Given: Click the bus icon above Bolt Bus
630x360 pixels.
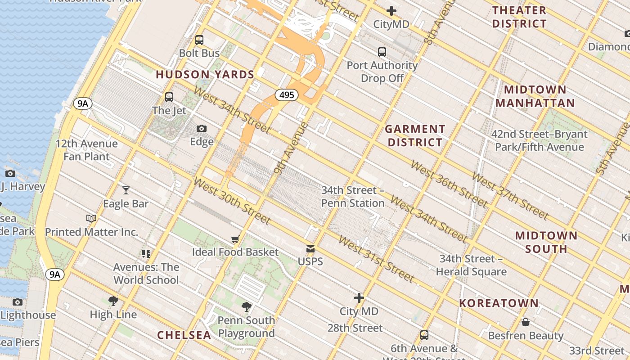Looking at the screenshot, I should pos(199,40).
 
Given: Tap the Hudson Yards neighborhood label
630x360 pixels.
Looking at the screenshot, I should pos(205,75).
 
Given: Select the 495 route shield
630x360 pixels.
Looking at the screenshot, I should pos(287,95).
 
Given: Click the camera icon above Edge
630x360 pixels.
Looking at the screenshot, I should pos(202,129).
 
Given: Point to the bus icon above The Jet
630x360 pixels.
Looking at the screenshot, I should pos(169,97).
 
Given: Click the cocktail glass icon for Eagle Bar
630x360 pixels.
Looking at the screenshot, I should pos(126,190).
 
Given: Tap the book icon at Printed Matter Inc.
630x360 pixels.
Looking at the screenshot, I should pos(91,219).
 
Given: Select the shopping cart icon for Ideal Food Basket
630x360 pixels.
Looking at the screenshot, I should pos(235,239).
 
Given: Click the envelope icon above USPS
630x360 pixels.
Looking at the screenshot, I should pos(310,248).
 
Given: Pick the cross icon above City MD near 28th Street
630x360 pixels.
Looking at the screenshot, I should pos(359,298).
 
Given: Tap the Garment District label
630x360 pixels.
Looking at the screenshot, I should pos(415,136).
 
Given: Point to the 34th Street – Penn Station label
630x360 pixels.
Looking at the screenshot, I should pos(353,197).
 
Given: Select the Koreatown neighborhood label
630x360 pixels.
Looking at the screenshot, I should pos(499,303).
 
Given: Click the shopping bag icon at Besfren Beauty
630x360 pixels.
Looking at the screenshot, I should pos(525,322).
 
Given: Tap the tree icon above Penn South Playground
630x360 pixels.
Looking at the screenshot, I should pos(246,307).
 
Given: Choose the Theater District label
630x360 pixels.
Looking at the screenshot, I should pos(519,17).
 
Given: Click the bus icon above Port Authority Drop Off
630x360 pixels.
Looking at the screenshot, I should pos(382,52).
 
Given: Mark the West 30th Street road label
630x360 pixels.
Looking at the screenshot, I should pos(232,201).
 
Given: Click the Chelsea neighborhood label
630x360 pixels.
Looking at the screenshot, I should pos(184,335).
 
